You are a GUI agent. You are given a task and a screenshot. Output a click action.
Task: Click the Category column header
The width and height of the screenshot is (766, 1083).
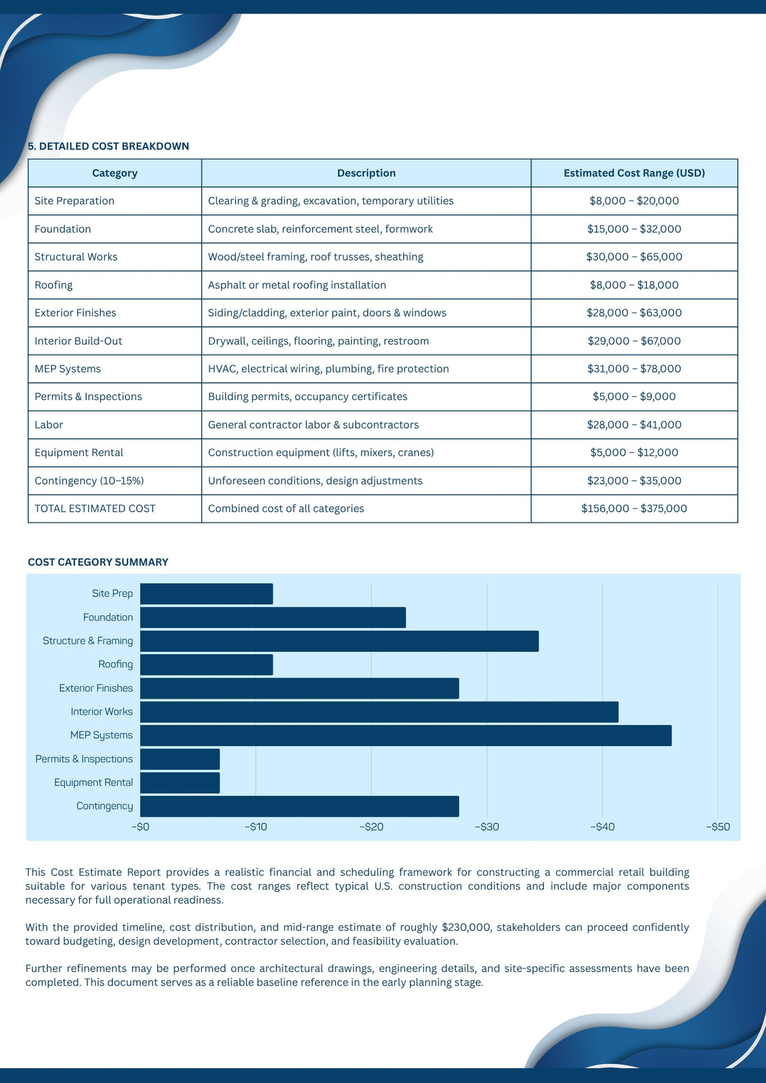tap(114, 173)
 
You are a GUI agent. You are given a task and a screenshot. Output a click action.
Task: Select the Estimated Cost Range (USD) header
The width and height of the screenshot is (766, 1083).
tap(634, 173)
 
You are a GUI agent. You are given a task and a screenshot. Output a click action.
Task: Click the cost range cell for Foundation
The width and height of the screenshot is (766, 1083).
tap(634, 229)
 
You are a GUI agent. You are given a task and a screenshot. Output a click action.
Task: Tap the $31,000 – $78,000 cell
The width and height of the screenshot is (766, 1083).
tap(634, 368)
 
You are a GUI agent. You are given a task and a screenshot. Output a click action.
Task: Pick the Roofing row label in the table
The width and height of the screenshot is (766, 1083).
tap(54, 285)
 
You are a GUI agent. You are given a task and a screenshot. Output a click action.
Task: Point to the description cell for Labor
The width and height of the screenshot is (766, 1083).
tap(313, 424)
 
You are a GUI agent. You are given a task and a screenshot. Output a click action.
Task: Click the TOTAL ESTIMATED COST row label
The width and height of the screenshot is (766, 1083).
tap(95, 508)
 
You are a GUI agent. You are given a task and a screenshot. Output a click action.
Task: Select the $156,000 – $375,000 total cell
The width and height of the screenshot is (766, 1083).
tap(634, 508)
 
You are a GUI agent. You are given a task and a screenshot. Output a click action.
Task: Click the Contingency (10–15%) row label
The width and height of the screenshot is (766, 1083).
tap(89, 481)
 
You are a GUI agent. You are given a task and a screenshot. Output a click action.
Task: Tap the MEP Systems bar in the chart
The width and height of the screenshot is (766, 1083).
tap(406, 735)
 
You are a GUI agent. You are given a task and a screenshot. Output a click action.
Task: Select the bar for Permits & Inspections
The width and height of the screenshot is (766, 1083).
tap(180, 759)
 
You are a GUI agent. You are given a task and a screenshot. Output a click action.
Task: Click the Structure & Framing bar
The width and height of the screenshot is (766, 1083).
tap(339, 641)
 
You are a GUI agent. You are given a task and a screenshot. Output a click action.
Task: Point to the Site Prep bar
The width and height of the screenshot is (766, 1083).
tap(207, 594)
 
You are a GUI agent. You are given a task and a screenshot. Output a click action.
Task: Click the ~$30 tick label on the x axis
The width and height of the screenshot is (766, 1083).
tap(487, 826)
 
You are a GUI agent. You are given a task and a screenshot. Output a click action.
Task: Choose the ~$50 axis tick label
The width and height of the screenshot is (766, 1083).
tap(718, 826)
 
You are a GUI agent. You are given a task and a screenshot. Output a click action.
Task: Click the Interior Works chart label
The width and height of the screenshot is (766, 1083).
tap(102, 711)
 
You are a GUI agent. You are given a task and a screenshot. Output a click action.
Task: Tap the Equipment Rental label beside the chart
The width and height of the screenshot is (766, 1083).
tap(93, 782)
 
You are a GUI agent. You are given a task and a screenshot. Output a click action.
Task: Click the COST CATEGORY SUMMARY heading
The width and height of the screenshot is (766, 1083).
tap(98, 562)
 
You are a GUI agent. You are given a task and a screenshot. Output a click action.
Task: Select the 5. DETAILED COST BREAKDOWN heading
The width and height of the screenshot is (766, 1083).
tap(108, 146)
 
